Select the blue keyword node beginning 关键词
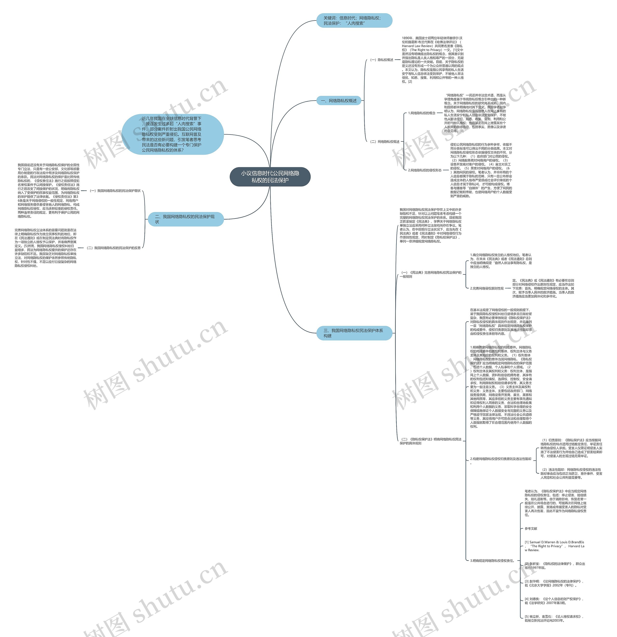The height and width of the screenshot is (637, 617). click(x=354, y=20)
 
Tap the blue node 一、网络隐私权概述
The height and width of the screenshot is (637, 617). click(x=339, y=101)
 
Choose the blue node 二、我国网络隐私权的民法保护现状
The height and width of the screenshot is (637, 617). click(x=185, y=219)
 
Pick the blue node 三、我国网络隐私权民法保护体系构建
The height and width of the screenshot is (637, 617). click(x=354, y=333)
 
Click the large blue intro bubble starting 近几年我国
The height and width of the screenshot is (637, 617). click(x=172, y=134)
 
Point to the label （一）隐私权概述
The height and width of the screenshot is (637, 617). click(x=381, y=60)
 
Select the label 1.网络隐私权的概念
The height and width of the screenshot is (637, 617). click(x=422, y=113)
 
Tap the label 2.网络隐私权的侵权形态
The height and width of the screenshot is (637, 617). click(x=425, y=170)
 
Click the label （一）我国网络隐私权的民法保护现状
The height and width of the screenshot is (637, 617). click(x=115, y=191)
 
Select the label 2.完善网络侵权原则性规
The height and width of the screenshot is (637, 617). click(x=487, y=288)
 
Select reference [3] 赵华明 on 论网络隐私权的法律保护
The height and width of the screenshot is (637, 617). click(x=554, y=583)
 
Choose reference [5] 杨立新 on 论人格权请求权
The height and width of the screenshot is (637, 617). click(x=554, y=618)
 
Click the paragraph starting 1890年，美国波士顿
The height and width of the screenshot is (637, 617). click(x=432, y=60)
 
